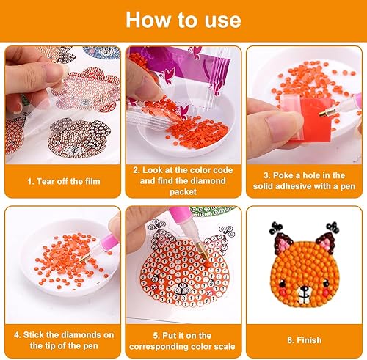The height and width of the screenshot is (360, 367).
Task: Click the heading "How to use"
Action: [x=183, y=20]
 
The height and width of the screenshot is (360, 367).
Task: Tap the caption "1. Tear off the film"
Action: [x=64, y=181]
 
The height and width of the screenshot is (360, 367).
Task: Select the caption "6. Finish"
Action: [x=305, y=340]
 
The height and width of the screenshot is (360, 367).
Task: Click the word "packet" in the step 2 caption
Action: [x=183, y=191]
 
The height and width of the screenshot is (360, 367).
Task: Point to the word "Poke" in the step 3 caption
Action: [x=283, y=175]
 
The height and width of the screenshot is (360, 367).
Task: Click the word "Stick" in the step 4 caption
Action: [x=34, y=335]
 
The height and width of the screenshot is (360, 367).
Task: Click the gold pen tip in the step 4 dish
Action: [x=85, y=258]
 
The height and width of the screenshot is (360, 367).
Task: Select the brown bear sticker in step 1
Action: [x=79, y=139]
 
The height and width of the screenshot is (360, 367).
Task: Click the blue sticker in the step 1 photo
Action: [x=101, y=53]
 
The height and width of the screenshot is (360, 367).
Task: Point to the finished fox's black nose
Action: [x=305, y=290]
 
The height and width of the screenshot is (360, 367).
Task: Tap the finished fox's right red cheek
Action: [x=325, y=292]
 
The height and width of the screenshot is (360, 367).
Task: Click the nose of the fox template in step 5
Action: [x=182, y=285]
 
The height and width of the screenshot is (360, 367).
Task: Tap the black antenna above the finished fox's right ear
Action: [x=333, y=228]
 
